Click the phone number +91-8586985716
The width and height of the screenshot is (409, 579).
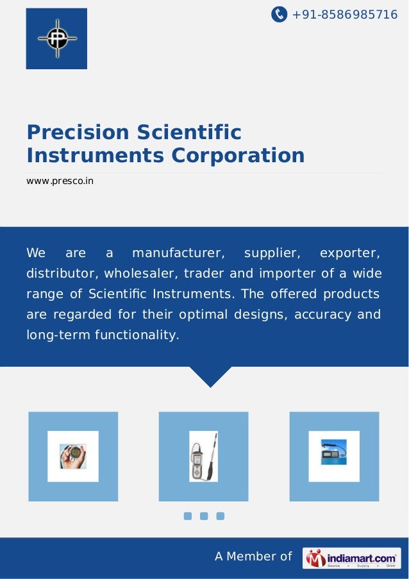coord(344,14)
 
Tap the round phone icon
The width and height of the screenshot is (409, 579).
coord(279,14)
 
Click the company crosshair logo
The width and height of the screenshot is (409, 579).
coord(56,38)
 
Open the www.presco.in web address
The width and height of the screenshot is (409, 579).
coord(60,181)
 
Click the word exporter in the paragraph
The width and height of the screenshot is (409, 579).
coord(350,253)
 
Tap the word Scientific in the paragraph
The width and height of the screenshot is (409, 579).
coord(119,294)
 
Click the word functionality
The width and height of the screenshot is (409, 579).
coord(138,335)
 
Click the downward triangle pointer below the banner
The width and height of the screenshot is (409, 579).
coord(210,376)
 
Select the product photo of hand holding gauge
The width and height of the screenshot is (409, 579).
coord(73,456)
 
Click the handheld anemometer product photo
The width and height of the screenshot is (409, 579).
coord(203,456)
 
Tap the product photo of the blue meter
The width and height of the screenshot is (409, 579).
coord(334,456)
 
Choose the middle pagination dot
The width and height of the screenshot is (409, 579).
coord(204,516)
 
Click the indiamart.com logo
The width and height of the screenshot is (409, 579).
coord(351,557)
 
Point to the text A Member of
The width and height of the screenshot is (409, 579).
coord(253,557)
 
